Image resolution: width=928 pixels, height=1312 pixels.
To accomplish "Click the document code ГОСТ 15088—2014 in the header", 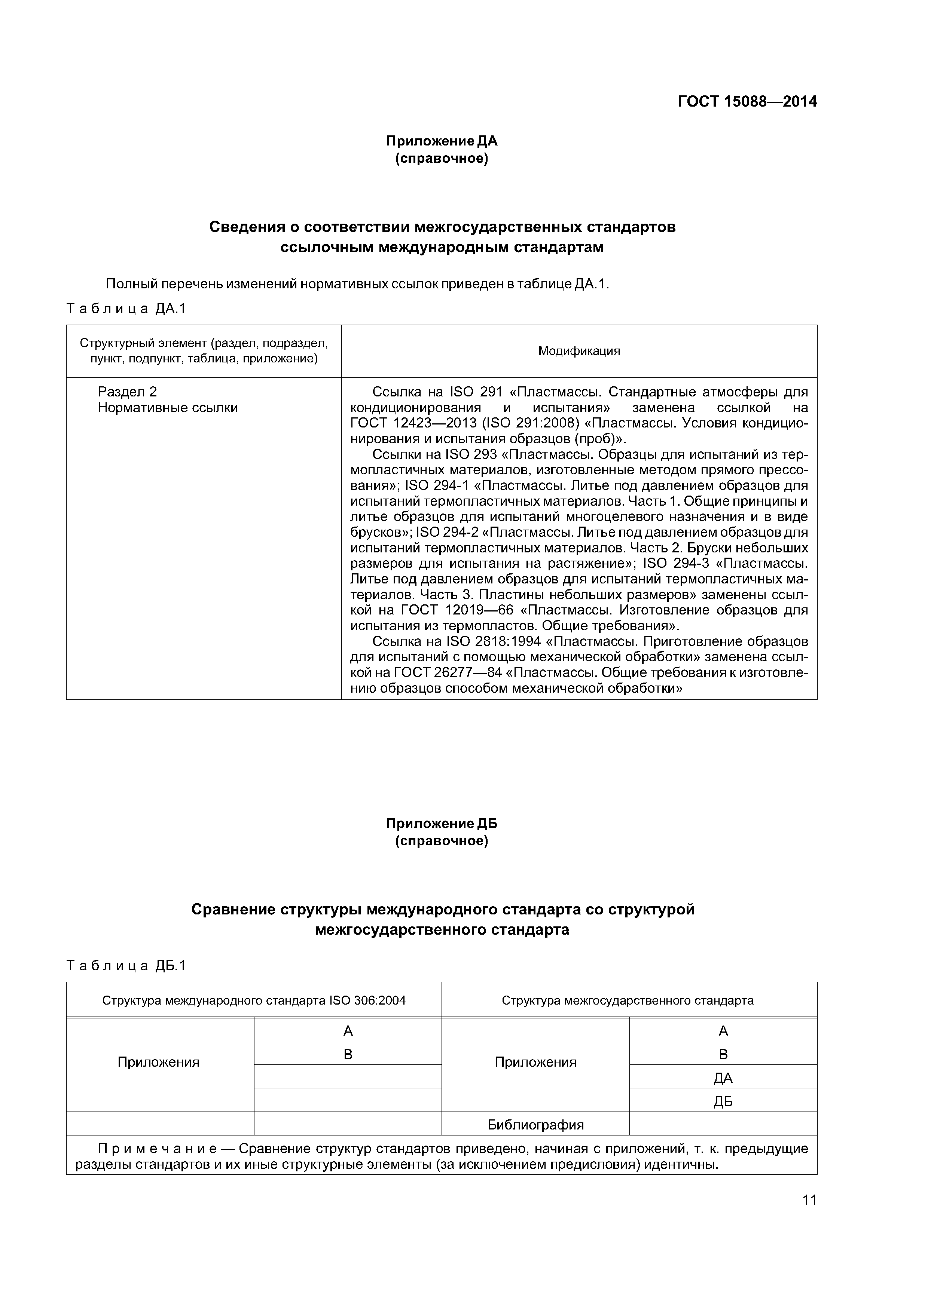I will (747, 102).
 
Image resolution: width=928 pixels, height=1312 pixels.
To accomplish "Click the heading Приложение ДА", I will (442, 141).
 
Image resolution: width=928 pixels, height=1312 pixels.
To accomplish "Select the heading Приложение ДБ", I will (442, 824).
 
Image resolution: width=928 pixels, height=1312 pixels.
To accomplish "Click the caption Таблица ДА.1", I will (126, 309).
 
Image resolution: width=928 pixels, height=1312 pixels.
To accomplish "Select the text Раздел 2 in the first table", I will (127, 392).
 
